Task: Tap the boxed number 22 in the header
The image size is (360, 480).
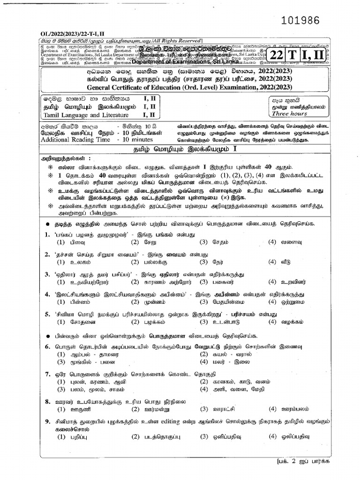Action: (x=276, y=55)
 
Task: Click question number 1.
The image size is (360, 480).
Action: (x=47, y=234)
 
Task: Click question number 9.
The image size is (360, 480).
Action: (x=47, y=422)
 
